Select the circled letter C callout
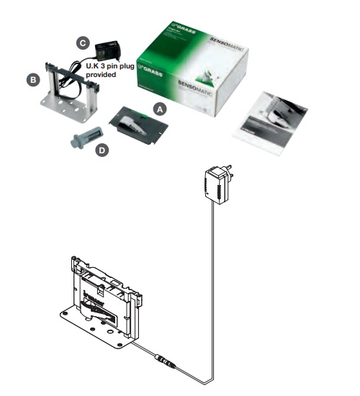coord(83,42)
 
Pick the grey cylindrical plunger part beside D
coord(87,136)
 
